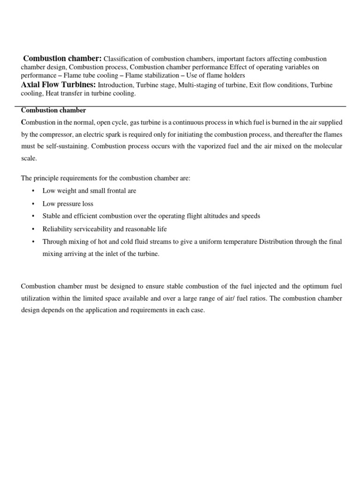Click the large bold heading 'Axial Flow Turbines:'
(59, 84)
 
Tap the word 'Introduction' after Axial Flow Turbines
(115, 85)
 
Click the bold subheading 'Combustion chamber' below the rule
(53, 110)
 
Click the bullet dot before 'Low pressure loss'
(33, 204)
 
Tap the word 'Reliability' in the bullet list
(58, 229)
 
